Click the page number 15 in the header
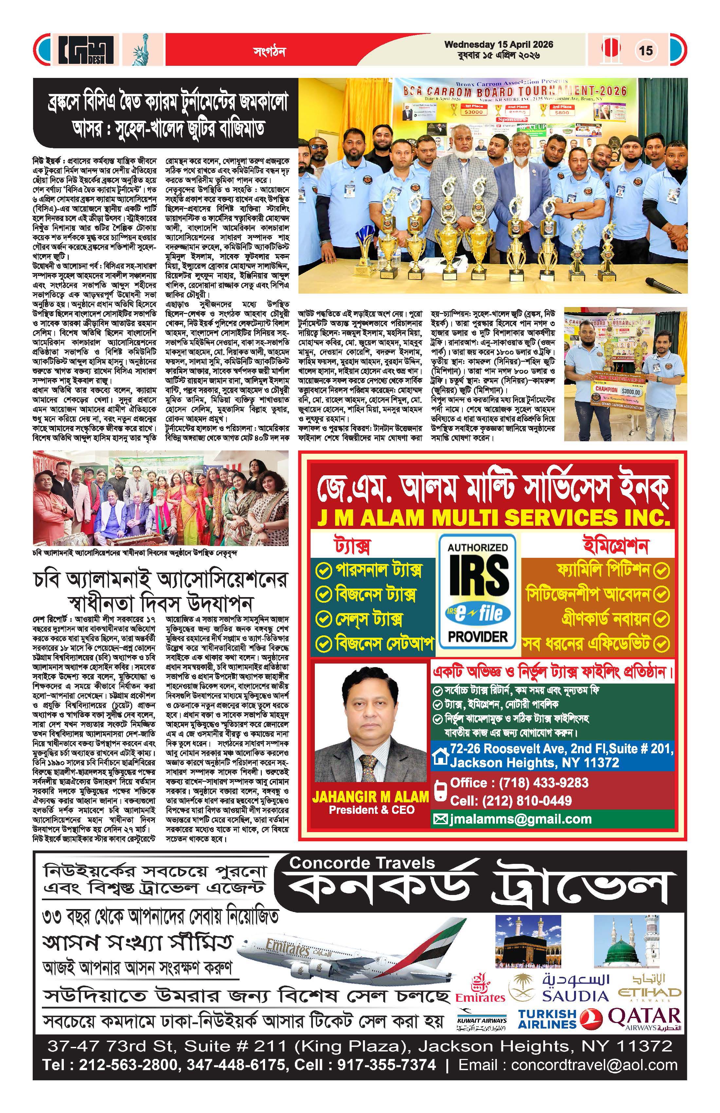646,50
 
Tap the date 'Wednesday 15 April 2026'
498,45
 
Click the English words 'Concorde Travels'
362,876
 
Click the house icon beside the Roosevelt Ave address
441,757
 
